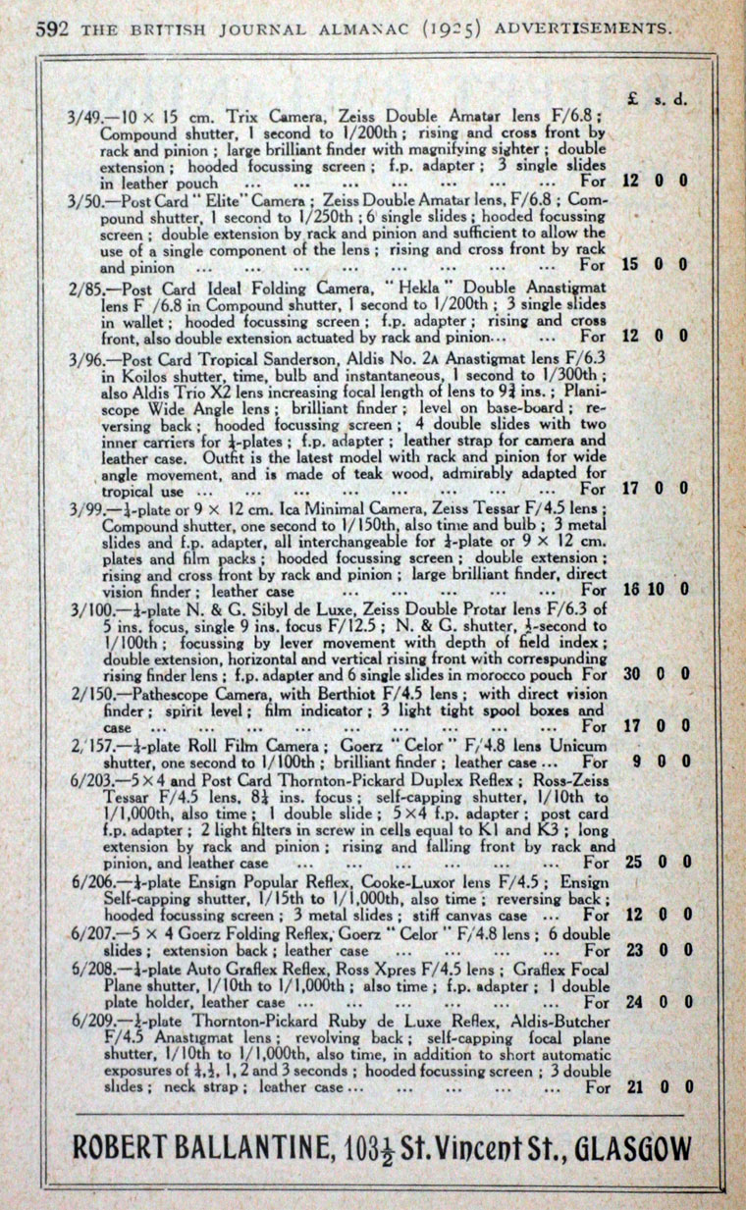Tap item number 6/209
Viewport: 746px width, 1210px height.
93,1021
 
